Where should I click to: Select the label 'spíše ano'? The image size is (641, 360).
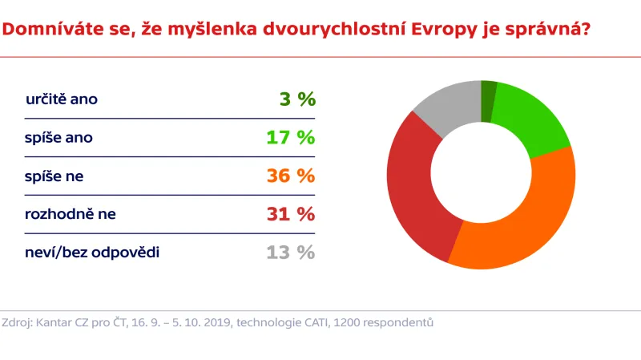[59, 138]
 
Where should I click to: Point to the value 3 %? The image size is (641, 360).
[297, 99]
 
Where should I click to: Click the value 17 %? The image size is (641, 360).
[291, 138]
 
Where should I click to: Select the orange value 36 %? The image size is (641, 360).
[291, 176]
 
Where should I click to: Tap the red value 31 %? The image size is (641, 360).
[291, 214]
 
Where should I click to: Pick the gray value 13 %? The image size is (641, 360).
[291, 253]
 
